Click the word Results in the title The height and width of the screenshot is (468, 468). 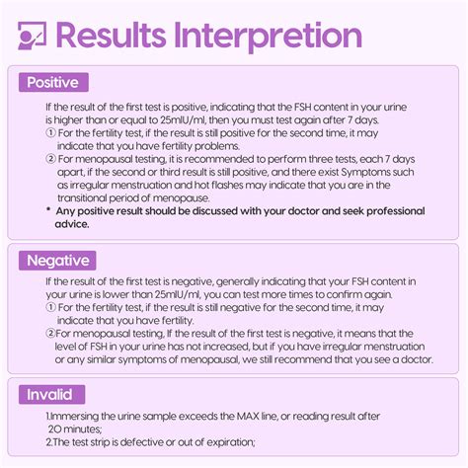[110, 36]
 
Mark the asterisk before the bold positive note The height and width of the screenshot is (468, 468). [49, 211]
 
